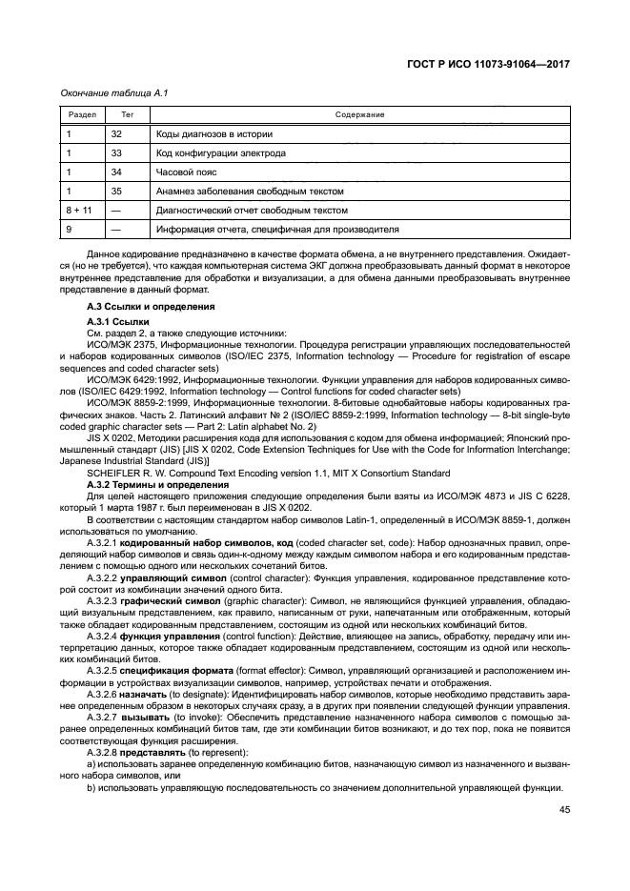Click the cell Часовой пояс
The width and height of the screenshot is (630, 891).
coord(187,172)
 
